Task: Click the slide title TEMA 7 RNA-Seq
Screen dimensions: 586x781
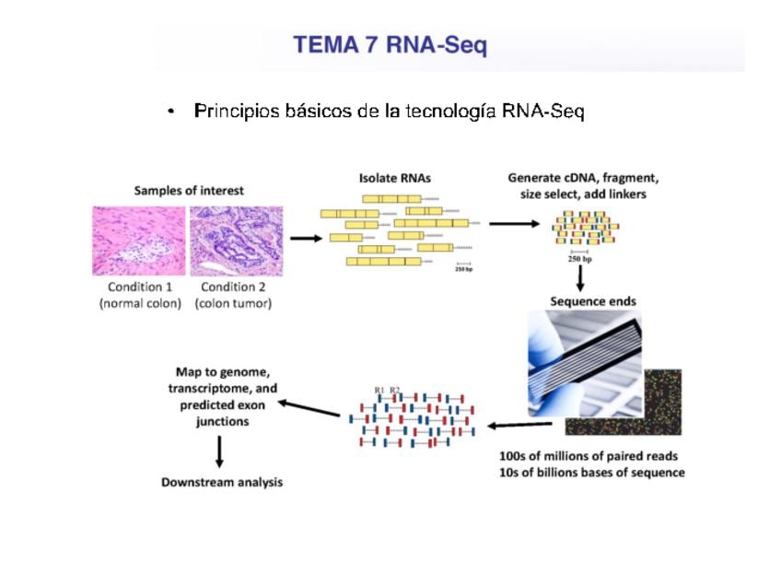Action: click(x=390, y=45)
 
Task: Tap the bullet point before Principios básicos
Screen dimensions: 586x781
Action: click(x=171, y=112)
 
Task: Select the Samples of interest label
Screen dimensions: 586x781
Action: click(x=189, y=191)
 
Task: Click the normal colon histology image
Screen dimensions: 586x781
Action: click(x=138, y=240)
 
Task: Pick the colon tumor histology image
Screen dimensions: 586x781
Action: click(x=236, y=240)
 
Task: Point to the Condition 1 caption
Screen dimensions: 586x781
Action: click(x=139, y=286)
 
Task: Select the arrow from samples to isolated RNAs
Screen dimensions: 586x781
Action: click(x=305, y=238)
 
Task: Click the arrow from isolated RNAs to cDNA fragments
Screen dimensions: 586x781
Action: click(x=514, y=223)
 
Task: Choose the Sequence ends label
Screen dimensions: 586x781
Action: click(x=592, y=301)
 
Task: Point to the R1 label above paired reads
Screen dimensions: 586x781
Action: click(x=379, y=390)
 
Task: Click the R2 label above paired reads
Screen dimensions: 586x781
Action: click(x=394, y=390)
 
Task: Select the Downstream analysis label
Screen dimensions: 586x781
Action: click(x=222, y=482)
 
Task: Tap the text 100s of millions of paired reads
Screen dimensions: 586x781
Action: click(x=588, y=455)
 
